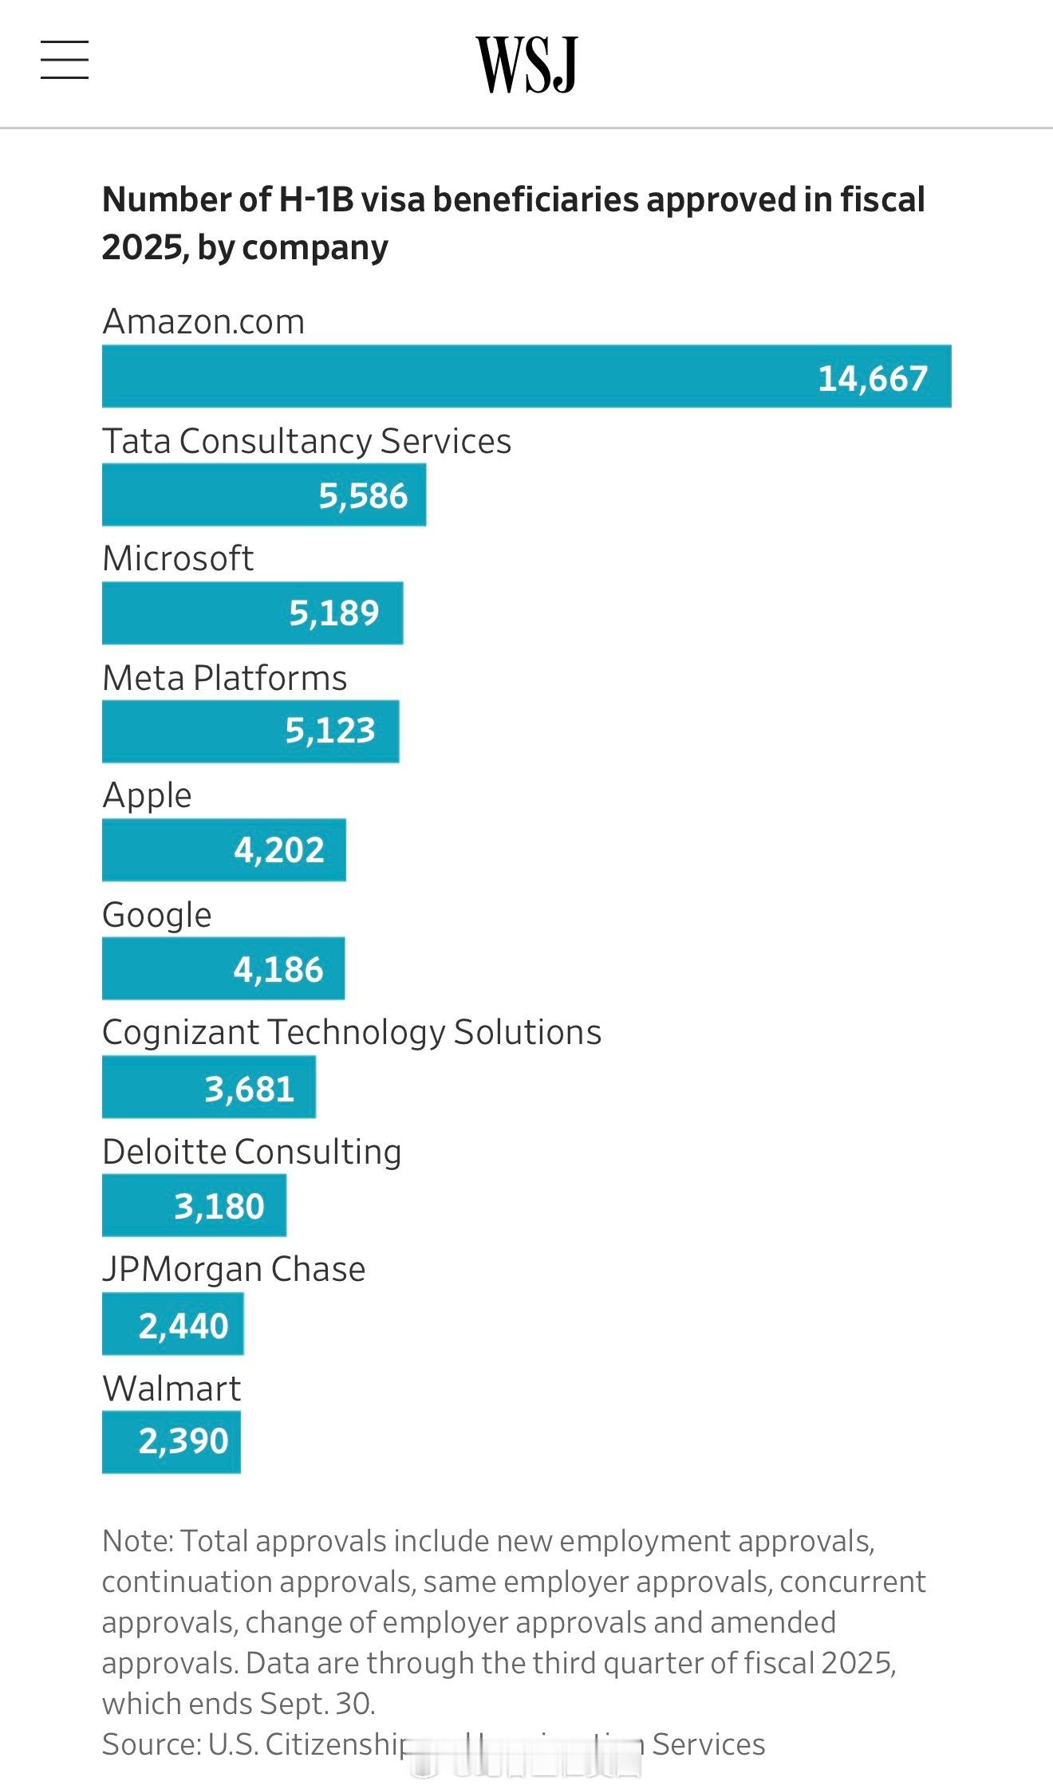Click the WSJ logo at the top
click(526, 64)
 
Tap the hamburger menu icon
click(65, 61)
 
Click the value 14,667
click(873, 378)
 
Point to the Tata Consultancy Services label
click(306, 441)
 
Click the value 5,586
click(363, 496)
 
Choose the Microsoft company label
click(178, 558)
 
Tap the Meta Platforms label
click(224, 678)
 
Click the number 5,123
click(330, 731)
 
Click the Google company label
click(156, 915)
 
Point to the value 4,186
click(278, 970)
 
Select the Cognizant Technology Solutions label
click(351, 1032)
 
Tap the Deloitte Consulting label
click(251, 1152)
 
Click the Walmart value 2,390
click(183, 1441)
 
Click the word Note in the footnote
click(136, 1542)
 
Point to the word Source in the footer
click(151, 1744)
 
